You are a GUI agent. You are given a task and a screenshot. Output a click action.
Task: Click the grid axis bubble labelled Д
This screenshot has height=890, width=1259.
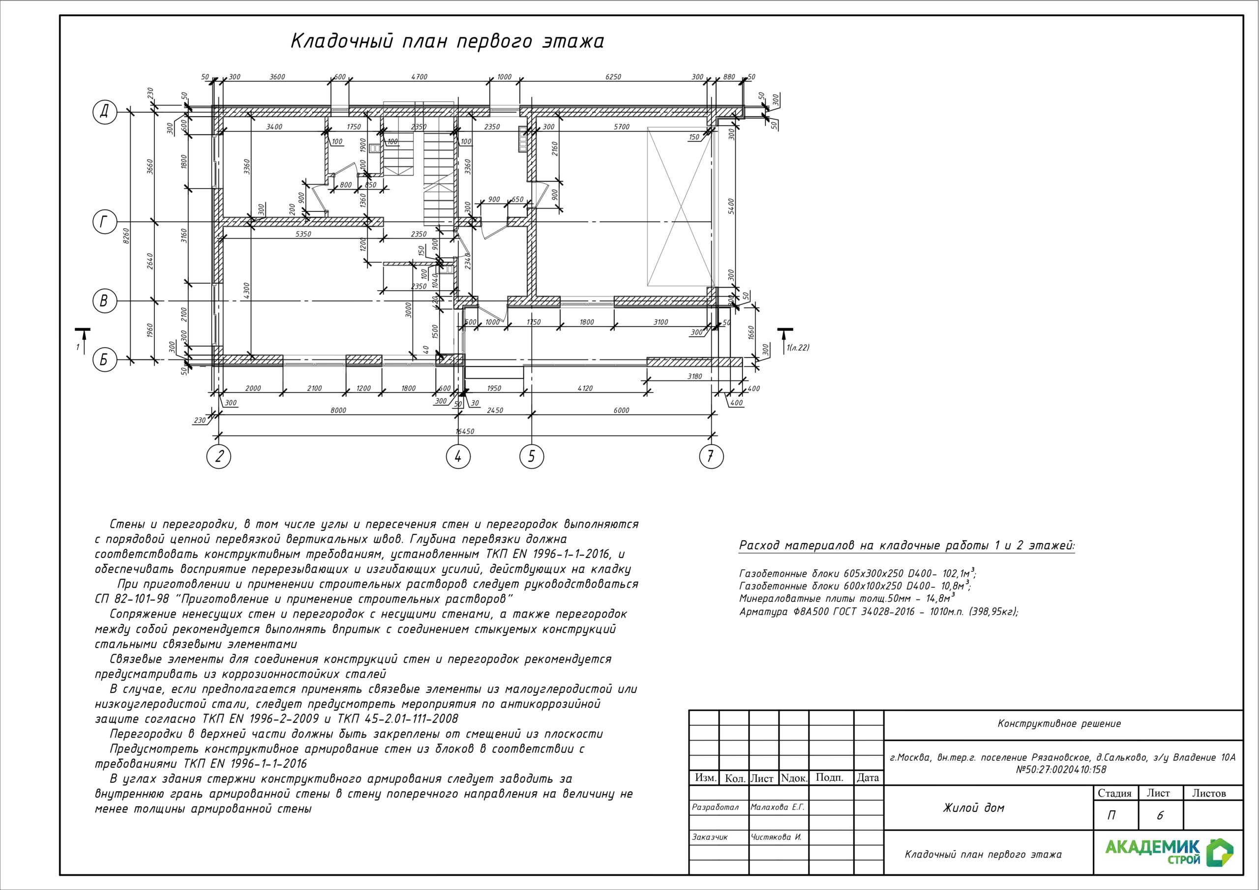coord(104,113)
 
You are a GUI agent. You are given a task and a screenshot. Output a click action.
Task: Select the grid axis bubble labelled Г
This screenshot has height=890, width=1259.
coord(104,222)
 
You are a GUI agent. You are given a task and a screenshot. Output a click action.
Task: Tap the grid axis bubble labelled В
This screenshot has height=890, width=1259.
coord(104,301)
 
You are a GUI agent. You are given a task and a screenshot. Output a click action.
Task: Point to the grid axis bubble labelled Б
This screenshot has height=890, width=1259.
coord(104,360)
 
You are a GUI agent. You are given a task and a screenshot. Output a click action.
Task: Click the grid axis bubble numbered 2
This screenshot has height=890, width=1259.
coord(219,456)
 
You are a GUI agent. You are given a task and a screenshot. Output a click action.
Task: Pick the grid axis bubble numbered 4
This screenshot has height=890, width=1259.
coord(458,456)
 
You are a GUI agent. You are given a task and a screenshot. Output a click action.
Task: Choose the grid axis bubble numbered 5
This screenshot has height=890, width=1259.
coord(531,456)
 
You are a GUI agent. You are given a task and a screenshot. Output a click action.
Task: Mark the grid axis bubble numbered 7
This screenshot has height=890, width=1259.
coord(711,456)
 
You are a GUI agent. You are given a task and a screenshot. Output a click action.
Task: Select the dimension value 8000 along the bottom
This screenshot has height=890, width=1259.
coord(338,410)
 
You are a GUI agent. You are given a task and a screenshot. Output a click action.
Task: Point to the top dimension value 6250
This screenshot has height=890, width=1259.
coord(613,77)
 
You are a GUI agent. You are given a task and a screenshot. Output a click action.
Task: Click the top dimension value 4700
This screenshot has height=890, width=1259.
coord(419,77)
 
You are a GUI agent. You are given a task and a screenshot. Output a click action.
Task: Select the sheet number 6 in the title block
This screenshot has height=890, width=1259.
coord(1159,815)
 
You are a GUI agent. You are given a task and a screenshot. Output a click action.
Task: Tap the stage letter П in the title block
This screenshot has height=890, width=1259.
coord(1111,815)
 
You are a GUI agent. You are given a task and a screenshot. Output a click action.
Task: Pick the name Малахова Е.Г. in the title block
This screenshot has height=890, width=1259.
coord(778,807)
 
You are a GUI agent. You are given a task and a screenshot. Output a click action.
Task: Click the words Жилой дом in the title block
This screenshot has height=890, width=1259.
coord(973,808)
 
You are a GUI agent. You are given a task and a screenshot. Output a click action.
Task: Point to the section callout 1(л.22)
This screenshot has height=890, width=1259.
coord(798,348)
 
